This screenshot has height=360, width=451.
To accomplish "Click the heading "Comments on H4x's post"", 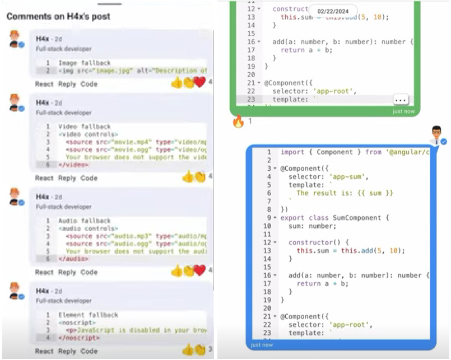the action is (58, 16).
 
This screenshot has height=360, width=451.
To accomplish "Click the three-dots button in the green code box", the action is (400, 100).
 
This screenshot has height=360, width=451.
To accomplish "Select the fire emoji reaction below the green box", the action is (238, 121).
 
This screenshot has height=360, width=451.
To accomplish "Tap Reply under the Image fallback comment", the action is (67, 84).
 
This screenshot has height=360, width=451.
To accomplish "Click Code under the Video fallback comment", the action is (89, 178).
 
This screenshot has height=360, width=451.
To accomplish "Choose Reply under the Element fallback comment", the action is (67, 351).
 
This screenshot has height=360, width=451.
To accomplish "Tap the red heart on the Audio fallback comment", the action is (200, 271).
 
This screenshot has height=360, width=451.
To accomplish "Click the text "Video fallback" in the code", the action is (85, 127).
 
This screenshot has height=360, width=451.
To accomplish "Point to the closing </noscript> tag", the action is (79, 338).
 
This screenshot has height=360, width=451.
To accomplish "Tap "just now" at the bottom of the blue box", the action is (262, 345).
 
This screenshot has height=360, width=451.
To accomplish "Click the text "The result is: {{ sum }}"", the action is (345, 193).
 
